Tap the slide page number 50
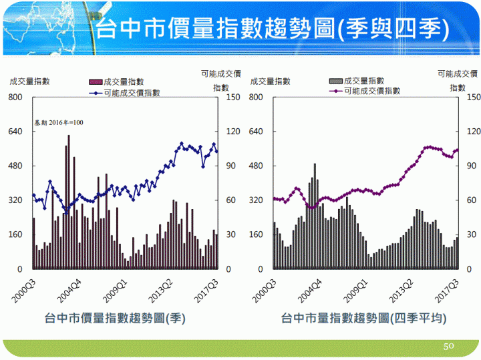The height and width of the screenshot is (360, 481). [449, 347]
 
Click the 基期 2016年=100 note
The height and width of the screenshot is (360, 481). [59, 123]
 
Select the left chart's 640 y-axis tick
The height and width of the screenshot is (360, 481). [15, 132]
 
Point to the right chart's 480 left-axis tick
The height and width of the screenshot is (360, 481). [255, 166]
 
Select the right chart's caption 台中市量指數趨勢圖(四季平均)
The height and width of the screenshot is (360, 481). [364, 318]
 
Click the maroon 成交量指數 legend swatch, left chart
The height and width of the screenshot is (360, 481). [96, 81]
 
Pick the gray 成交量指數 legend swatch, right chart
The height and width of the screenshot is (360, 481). [336, 81]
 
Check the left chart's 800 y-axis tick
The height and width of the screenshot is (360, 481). [15, 98]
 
